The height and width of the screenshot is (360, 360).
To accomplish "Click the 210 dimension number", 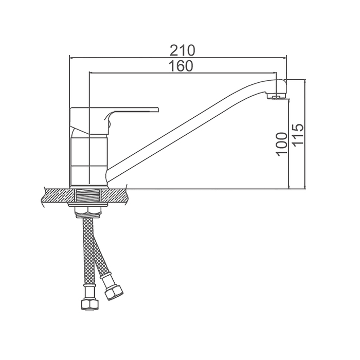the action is pyautogui.click(x=182, y=50).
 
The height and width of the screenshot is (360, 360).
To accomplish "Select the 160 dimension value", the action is pyautogui.click(x=181, y=66).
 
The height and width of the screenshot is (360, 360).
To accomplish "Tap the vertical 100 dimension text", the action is pyautogui.click(x=282, y=145).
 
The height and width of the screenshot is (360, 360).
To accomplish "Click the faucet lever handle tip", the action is pyautogui.click(x=157, y=109).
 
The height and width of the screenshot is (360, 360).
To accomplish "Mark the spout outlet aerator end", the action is pyautogui.click(x=278, y=97).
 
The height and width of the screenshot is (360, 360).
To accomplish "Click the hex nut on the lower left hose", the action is pyautogui.click(x=91, y=304).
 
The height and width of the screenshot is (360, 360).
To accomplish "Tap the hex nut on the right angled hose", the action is pyautogui.click(x=114, y=293).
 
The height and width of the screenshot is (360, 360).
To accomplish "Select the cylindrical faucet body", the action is pyautogui.click(x=88, y=161).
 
